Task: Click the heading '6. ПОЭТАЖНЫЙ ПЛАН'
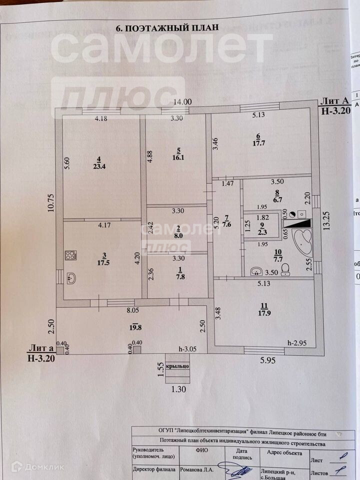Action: tap(167, 28)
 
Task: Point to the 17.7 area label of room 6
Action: tap(258, 142)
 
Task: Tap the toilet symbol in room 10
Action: tap(285, 270)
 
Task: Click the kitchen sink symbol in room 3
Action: tap(71, 278)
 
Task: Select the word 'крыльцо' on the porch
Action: tap(178, 366)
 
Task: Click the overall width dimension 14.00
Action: tap(182, 101)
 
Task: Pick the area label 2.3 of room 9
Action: tap(262, 231)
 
